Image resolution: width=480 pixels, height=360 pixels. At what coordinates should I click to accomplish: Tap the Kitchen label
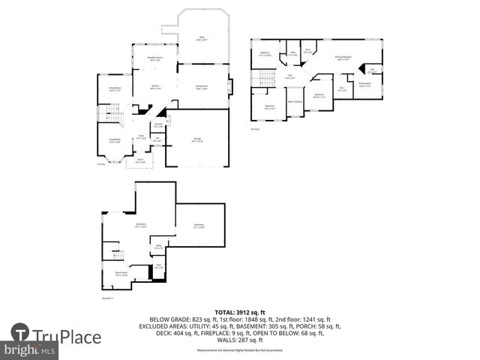(155, 88)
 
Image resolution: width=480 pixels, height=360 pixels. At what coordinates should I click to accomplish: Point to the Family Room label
(202, 88)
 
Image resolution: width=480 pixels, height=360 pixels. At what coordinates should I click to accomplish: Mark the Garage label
(196, 140)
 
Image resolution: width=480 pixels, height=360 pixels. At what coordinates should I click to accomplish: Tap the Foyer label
(140, 136)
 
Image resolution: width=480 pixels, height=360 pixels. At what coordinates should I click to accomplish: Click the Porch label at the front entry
(139, 160)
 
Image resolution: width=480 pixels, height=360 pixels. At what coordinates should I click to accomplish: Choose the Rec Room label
(140, 225)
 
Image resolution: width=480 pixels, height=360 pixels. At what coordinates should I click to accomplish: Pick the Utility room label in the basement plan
(158, 246)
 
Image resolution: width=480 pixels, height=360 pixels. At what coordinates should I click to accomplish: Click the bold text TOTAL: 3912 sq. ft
(239, 311)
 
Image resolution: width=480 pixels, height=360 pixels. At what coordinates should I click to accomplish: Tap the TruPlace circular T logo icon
(20, 334)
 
